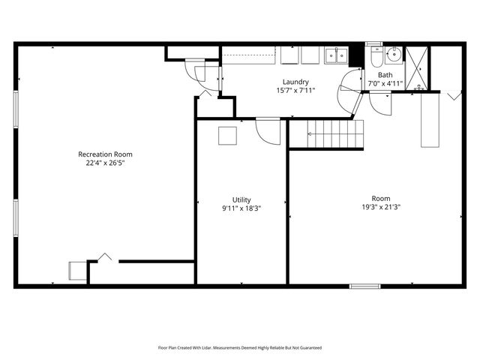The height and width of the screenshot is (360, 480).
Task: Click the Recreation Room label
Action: [110, 154]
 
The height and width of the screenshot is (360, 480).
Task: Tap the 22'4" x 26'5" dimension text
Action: [110, 163]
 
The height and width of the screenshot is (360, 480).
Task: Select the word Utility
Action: [241, 199]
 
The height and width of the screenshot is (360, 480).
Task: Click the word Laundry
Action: [295, 82]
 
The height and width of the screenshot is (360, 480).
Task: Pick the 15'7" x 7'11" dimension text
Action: [295, 90]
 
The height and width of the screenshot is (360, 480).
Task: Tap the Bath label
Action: [385, 75]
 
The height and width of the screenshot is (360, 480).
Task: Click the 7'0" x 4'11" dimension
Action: [385, 83]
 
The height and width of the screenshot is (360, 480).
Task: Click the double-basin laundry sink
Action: [335, 55]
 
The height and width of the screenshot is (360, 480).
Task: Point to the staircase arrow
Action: [330, 135]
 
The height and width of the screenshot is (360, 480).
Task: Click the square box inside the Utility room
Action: [227, 136]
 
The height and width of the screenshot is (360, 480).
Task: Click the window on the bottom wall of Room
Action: [365, 286]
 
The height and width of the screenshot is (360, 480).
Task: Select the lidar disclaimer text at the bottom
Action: [240, 348]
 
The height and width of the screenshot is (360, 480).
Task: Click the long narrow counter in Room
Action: [430, 120]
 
